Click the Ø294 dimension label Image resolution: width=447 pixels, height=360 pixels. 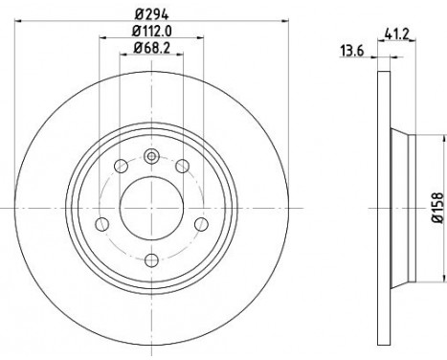(151, 13)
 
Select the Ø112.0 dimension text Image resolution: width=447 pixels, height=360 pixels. (152, 31)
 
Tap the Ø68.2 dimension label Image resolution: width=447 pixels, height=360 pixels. (151, 48)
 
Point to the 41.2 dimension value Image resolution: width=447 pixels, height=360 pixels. (396, 34)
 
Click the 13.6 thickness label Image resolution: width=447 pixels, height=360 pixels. (352, 51)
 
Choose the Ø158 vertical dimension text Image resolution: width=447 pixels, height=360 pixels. (437, 208)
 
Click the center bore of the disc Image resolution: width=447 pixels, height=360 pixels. (151, 208)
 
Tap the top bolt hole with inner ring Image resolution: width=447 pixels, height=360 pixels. (151, 156)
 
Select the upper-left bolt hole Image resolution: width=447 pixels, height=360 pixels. (121, 166)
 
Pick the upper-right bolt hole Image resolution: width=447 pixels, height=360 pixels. (183, 166)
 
